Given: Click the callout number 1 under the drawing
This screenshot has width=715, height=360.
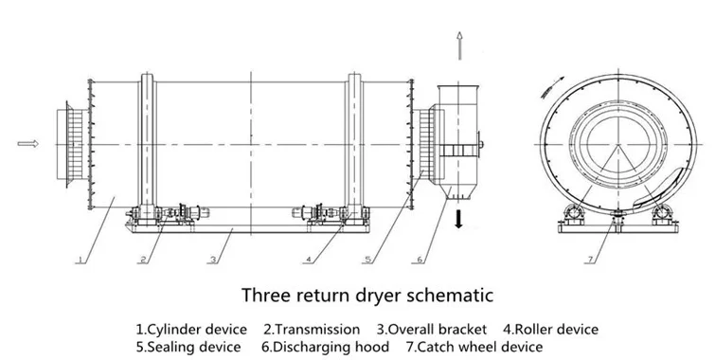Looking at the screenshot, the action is coord(80,260).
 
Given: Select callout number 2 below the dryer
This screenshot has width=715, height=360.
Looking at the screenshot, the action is coord(144,260).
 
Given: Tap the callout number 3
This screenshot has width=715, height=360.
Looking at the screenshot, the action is coord(213,260).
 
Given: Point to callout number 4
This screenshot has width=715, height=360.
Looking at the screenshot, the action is coord(309,260).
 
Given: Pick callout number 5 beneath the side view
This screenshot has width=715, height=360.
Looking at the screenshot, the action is coord(368,260).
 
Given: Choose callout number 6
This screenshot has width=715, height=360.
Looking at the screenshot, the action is coord(420,260).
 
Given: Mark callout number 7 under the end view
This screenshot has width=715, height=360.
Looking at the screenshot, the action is coord(591,260).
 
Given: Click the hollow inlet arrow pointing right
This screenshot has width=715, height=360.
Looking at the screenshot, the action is coord(27,144).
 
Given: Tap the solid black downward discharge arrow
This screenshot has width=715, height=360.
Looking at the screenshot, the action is coord(458,220).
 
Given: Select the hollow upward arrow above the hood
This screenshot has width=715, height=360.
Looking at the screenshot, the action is coord(459,45).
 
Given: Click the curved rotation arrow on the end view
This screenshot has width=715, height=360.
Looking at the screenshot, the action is coord(552,87).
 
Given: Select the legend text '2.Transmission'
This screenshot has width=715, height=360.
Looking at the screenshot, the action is coord(312,329).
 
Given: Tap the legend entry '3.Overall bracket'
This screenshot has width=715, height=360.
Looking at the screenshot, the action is coord(432,329).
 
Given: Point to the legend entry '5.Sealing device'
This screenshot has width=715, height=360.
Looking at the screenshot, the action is coord(188,347).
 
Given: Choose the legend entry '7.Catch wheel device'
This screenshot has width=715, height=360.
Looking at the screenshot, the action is coord(474,347).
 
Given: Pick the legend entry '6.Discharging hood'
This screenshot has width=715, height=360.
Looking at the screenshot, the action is coord(325,347).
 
